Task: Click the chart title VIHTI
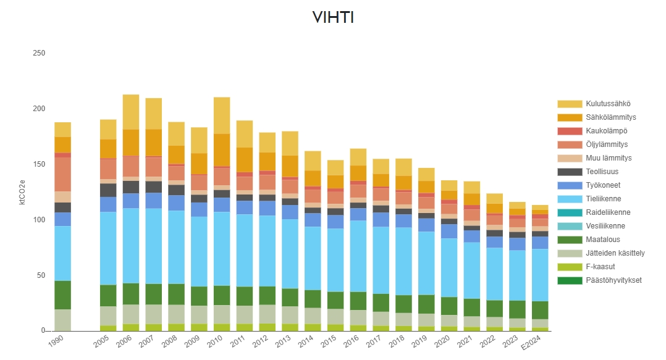[x=333, y=18]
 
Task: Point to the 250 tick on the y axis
[x=39, y=53]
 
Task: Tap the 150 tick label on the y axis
[x=39, y=164]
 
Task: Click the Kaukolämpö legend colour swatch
[x=570, y=131]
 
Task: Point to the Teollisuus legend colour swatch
[x=570, y=172]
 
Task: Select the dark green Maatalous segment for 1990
[x=62, y=295]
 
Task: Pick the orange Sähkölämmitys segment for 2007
[x=154, y=143]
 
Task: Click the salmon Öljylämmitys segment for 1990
[x=62, y=174]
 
